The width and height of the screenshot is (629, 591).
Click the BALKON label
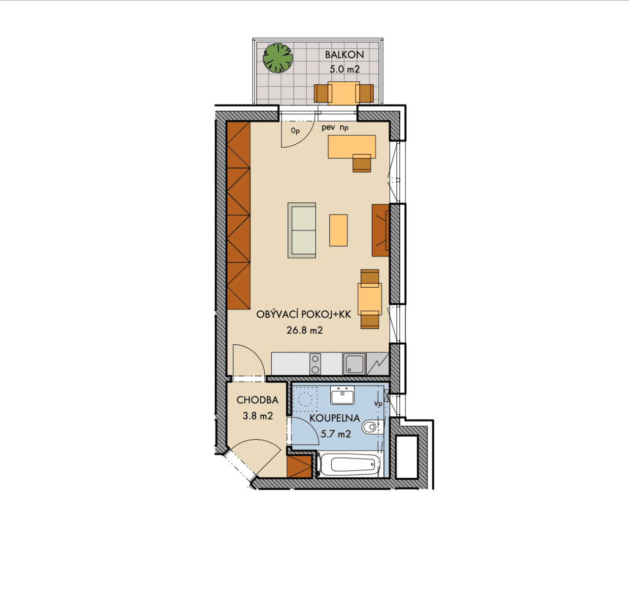coord(344,55)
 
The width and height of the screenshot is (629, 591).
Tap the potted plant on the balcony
coord(278,58)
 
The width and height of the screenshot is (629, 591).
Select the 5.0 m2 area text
coord(345,69)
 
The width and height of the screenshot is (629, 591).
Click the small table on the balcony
coord(344,93)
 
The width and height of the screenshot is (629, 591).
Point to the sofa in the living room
coord(302,230)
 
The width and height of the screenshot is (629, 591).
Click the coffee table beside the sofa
coord(339,230)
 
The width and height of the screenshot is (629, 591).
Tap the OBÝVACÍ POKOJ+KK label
coord(304,314)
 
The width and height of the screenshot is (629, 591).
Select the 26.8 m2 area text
coord(305,330)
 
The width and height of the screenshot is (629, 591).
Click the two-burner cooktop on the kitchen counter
coord(315,364)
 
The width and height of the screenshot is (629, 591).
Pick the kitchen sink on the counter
coord(354,364)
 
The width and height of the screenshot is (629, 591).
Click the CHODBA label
coord(257,400)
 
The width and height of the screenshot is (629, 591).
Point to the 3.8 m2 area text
coord(258,416)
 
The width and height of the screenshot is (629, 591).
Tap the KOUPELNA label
coord(335,418)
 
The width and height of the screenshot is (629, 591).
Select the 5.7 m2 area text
coord(336,434)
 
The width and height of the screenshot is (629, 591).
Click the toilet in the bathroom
coord(373,427)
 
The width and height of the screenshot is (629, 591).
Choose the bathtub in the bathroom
coord(349,464)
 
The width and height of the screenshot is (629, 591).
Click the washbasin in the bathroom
coord(343,395)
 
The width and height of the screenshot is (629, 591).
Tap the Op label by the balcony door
coord(295,131)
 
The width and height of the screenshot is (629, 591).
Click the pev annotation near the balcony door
coord(328,128)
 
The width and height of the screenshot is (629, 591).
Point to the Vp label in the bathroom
coord(378,403)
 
